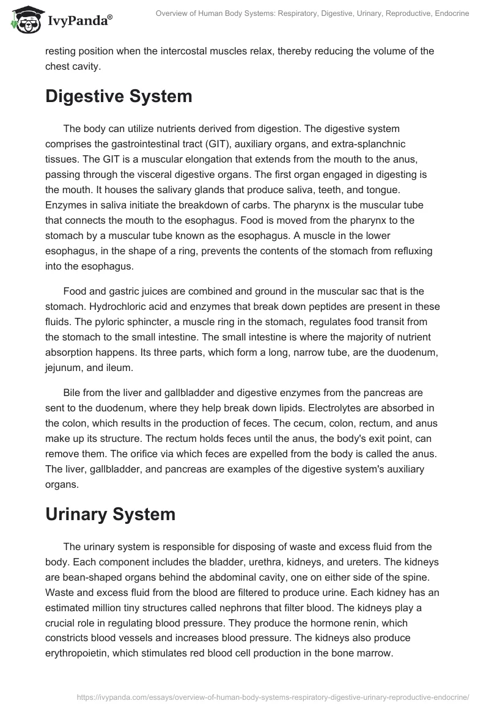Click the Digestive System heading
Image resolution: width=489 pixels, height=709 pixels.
[x=119, y=96]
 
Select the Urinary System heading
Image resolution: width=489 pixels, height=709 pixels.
[x=110, y=514]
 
